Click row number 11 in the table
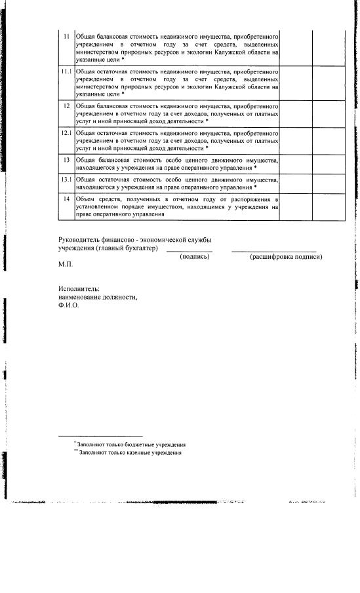[x=66, y=35]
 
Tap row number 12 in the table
[x=66, y=105]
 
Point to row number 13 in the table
[x=66, y=160]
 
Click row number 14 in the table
[x=66, y=198]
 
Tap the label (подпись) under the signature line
[x=195, y=256]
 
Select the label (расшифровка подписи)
[x=286, y=256]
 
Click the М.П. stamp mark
[x=65, y=264]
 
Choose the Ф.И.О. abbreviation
[x=68, y=305]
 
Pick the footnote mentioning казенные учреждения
[x=129, y=452]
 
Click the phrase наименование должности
[x=98, y=297]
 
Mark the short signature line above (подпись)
[x=189, y=251]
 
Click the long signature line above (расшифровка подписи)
[x=273, y=251]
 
